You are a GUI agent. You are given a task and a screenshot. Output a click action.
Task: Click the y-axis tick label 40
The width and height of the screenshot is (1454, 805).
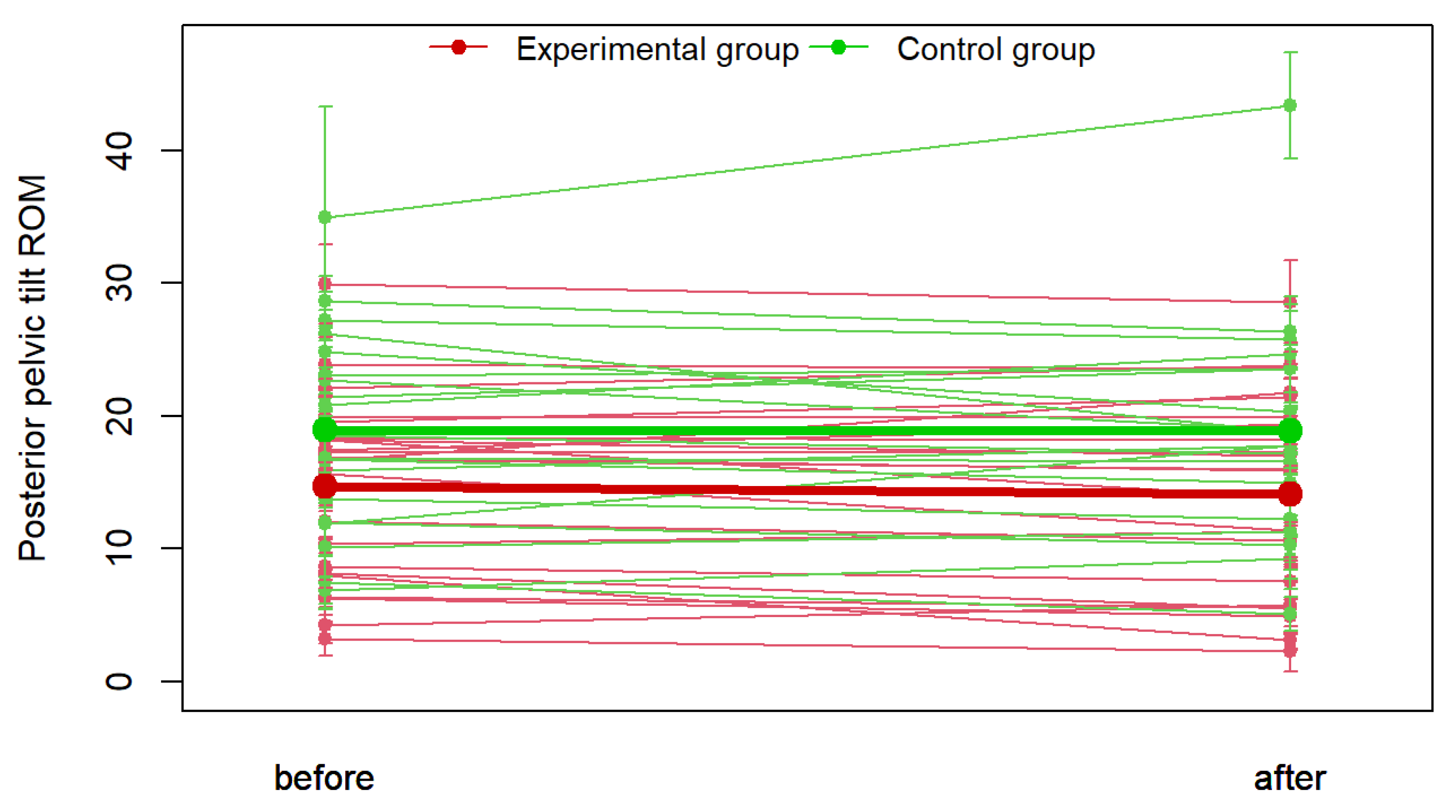[120, 151]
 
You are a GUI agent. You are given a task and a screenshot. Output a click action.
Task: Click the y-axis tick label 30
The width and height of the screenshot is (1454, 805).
[120, 283]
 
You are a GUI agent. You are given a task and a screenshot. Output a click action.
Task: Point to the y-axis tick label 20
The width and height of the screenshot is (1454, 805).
[120, 416]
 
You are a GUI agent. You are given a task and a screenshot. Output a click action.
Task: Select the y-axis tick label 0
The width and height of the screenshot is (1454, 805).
[120, 681]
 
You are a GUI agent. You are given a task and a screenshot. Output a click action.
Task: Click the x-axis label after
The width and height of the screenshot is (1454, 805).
[1290, 779]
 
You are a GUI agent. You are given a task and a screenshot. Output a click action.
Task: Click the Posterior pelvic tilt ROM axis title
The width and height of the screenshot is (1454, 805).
[32, 368]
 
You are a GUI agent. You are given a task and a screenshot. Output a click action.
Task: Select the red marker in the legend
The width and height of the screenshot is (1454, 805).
[458, 47]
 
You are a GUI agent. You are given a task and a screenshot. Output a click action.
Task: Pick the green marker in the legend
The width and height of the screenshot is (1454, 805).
[838, 47]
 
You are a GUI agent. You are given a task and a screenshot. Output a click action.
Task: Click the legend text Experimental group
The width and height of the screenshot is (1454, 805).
[658, 49]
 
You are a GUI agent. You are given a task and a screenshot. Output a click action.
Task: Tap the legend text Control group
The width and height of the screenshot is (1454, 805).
[996, 49]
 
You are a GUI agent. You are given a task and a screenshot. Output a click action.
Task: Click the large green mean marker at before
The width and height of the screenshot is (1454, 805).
[325, 430]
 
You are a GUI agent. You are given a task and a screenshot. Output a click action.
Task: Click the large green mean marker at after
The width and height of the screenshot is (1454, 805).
[1290, 431]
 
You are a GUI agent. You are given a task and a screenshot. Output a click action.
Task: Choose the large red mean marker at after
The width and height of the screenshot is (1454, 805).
[1290, 494]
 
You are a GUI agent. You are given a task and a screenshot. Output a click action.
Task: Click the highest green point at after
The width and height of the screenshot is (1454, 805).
[1290, 105]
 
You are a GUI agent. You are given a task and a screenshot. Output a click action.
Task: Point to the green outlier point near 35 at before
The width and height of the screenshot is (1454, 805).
[325, 217]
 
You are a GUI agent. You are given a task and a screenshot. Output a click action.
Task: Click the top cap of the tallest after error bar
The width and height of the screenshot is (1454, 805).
[1290, 53]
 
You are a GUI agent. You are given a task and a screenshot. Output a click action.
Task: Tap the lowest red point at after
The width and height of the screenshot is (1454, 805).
[1290, 651]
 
